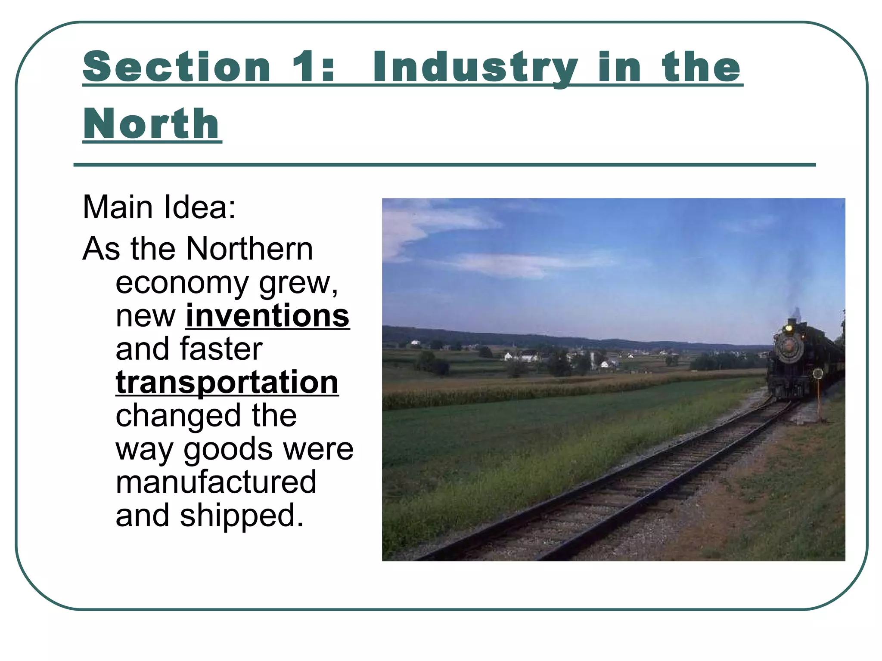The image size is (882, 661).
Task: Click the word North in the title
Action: (152, 124)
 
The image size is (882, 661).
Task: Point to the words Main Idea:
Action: (159, 207)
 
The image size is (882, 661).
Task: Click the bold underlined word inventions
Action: (267, 316)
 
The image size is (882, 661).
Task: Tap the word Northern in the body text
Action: (249, 249)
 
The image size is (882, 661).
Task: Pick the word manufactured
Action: (216, 482)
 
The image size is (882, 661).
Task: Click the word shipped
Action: (242, 516)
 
